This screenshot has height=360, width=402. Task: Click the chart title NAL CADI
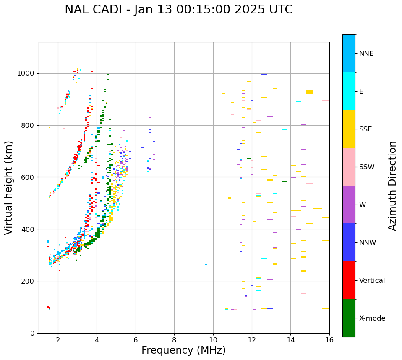point(178,10)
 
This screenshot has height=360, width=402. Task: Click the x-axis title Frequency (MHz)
point(183,350)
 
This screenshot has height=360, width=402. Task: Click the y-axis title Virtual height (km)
point(9,187)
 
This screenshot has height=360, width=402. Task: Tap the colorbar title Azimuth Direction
point(392,185)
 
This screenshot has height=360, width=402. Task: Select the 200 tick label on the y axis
point(29,281)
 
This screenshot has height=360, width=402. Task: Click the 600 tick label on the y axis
point(29,177)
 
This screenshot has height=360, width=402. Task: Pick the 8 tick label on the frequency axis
point(174,340)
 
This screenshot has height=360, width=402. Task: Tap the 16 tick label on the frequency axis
point(329,340)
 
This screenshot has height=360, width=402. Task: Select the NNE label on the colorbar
point(366,54)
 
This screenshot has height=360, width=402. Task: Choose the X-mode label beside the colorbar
point(372,318)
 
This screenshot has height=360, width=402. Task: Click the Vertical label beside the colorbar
point(372,281)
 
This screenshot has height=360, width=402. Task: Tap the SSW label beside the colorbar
point(367,167)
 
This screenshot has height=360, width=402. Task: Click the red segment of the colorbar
point(349,280)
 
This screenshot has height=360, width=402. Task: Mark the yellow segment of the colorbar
point(349,129)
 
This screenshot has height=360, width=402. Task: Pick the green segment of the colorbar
point(349,318)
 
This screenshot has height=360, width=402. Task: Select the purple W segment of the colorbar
point(349,205)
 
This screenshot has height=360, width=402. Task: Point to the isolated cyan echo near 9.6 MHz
point(206,264)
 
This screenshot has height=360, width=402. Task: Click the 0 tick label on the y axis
point(33,333)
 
